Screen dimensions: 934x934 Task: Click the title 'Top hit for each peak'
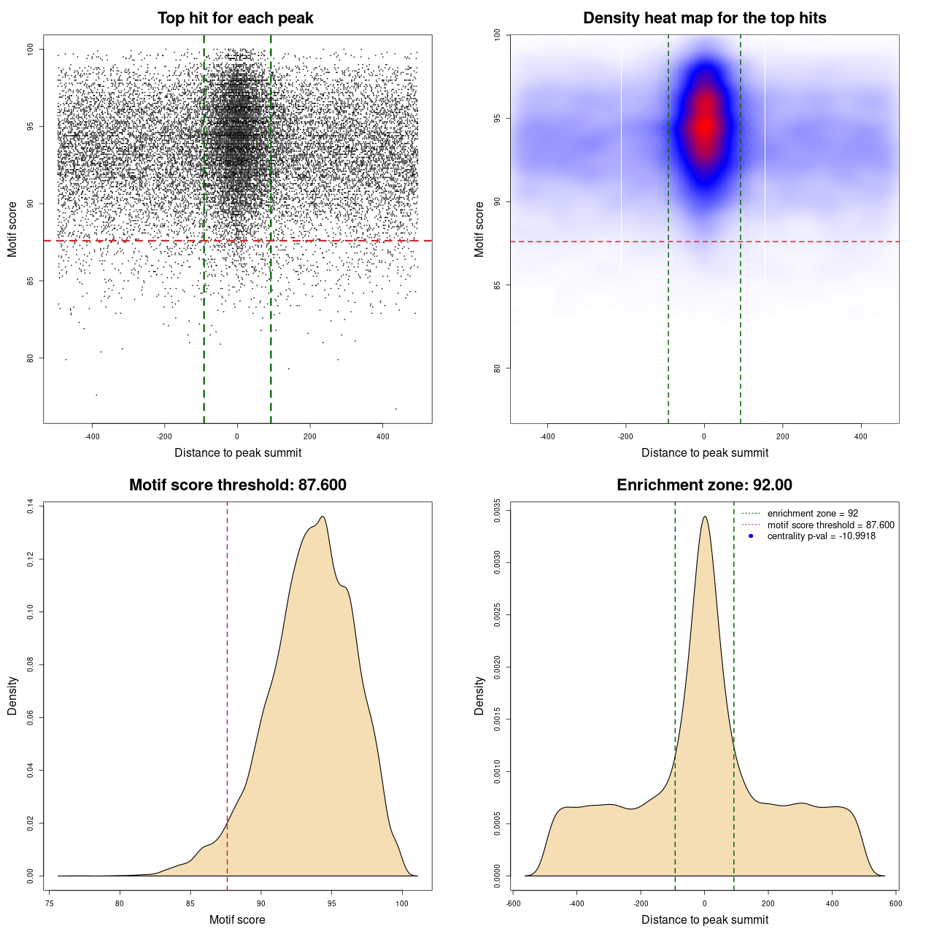(x=235, y=18)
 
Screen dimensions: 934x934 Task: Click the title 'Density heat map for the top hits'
(x=704, y=18)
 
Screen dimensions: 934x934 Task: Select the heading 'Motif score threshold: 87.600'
(x=237, y=485)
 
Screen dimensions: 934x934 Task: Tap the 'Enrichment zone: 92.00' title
(x=704, y=485)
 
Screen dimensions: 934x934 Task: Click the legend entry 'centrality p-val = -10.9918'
(x=821, y=536)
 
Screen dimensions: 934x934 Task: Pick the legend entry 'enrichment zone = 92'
(x=812, y=514)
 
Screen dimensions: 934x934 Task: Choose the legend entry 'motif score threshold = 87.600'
(x=830, y=525)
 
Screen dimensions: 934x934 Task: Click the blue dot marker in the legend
(x=751, y=536)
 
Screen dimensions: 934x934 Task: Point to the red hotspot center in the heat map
(x=704, y=126)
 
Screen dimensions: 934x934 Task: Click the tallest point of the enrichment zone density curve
(x=704, y=517)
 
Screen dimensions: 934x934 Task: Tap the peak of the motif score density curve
(x=322, y=517)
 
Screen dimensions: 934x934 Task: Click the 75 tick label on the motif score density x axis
(x=49, y=903)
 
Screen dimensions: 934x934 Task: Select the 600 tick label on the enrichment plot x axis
(x=895, y=903)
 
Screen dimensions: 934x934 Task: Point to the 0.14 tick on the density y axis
(x=30, y=506)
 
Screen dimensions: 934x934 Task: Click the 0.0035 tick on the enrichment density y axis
(x=497, y=506)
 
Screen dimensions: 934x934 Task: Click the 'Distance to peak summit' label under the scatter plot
(x=238, y=453)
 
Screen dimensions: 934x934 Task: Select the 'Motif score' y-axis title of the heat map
(x=479, y=229)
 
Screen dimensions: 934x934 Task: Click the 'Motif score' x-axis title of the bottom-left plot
(x=237, y=920)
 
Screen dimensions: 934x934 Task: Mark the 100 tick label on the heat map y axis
(x=497, y=34)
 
